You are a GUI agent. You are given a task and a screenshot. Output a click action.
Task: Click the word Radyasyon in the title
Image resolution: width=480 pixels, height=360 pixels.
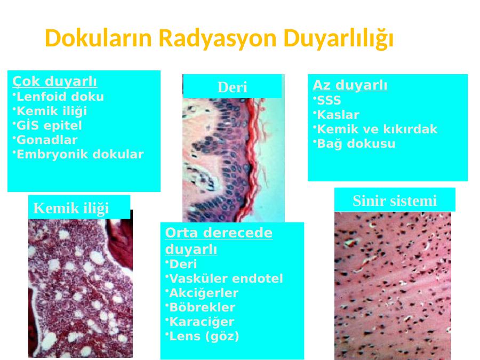pos(218,38)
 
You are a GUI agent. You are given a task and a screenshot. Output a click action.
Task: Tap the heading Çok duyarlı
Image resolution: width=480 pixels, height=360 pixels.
pos(54,82)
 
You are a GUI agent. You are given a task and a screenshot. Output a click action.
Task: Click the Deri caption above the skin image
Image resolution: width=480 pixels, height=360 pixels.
pos(233,87)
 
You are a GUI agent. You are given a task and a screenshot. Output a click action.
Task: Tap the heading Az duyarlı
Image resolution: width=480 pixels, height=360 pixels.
pos(350,85)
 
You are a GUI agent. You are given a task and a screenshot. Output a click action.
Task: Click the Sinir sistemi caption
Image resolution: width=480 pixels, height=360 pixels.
pos(395,201)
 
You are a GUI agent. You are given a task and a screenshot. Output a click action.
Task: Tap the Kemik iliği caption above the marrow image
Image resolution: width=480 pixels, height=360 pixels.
pos(71,208)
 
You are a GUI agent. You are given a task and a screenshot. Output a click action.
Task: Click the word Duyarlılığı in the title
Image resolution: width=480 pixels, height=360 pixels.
pos(338,39)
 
